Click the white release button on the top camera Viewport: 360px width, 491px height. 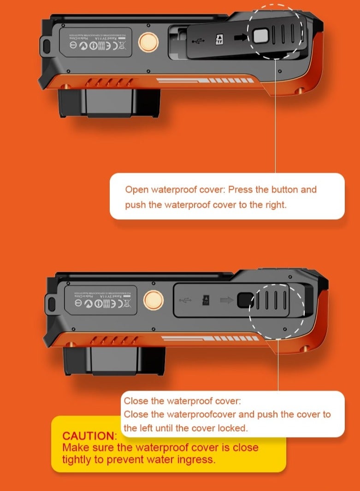[262, 36]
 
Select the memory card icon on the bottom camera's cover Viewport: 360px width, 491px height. [206, 301]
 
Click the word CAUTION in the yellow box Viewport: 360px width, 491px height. [89, 436]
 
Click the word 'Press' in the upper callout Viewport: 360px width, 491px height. [240, 189]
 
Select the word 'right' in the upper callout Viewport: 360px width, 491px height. [275, 205]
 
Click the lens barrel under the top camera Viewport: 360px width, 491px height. [109, 102]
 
